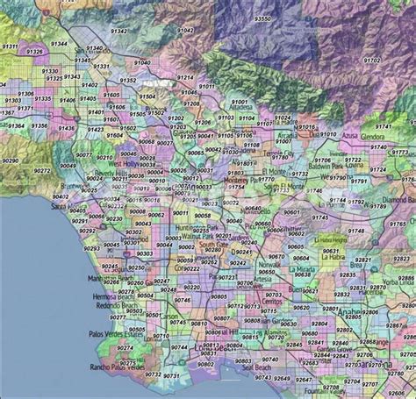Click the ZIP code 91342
pos(119,31)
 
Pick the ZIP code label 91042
pos(187,31)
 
